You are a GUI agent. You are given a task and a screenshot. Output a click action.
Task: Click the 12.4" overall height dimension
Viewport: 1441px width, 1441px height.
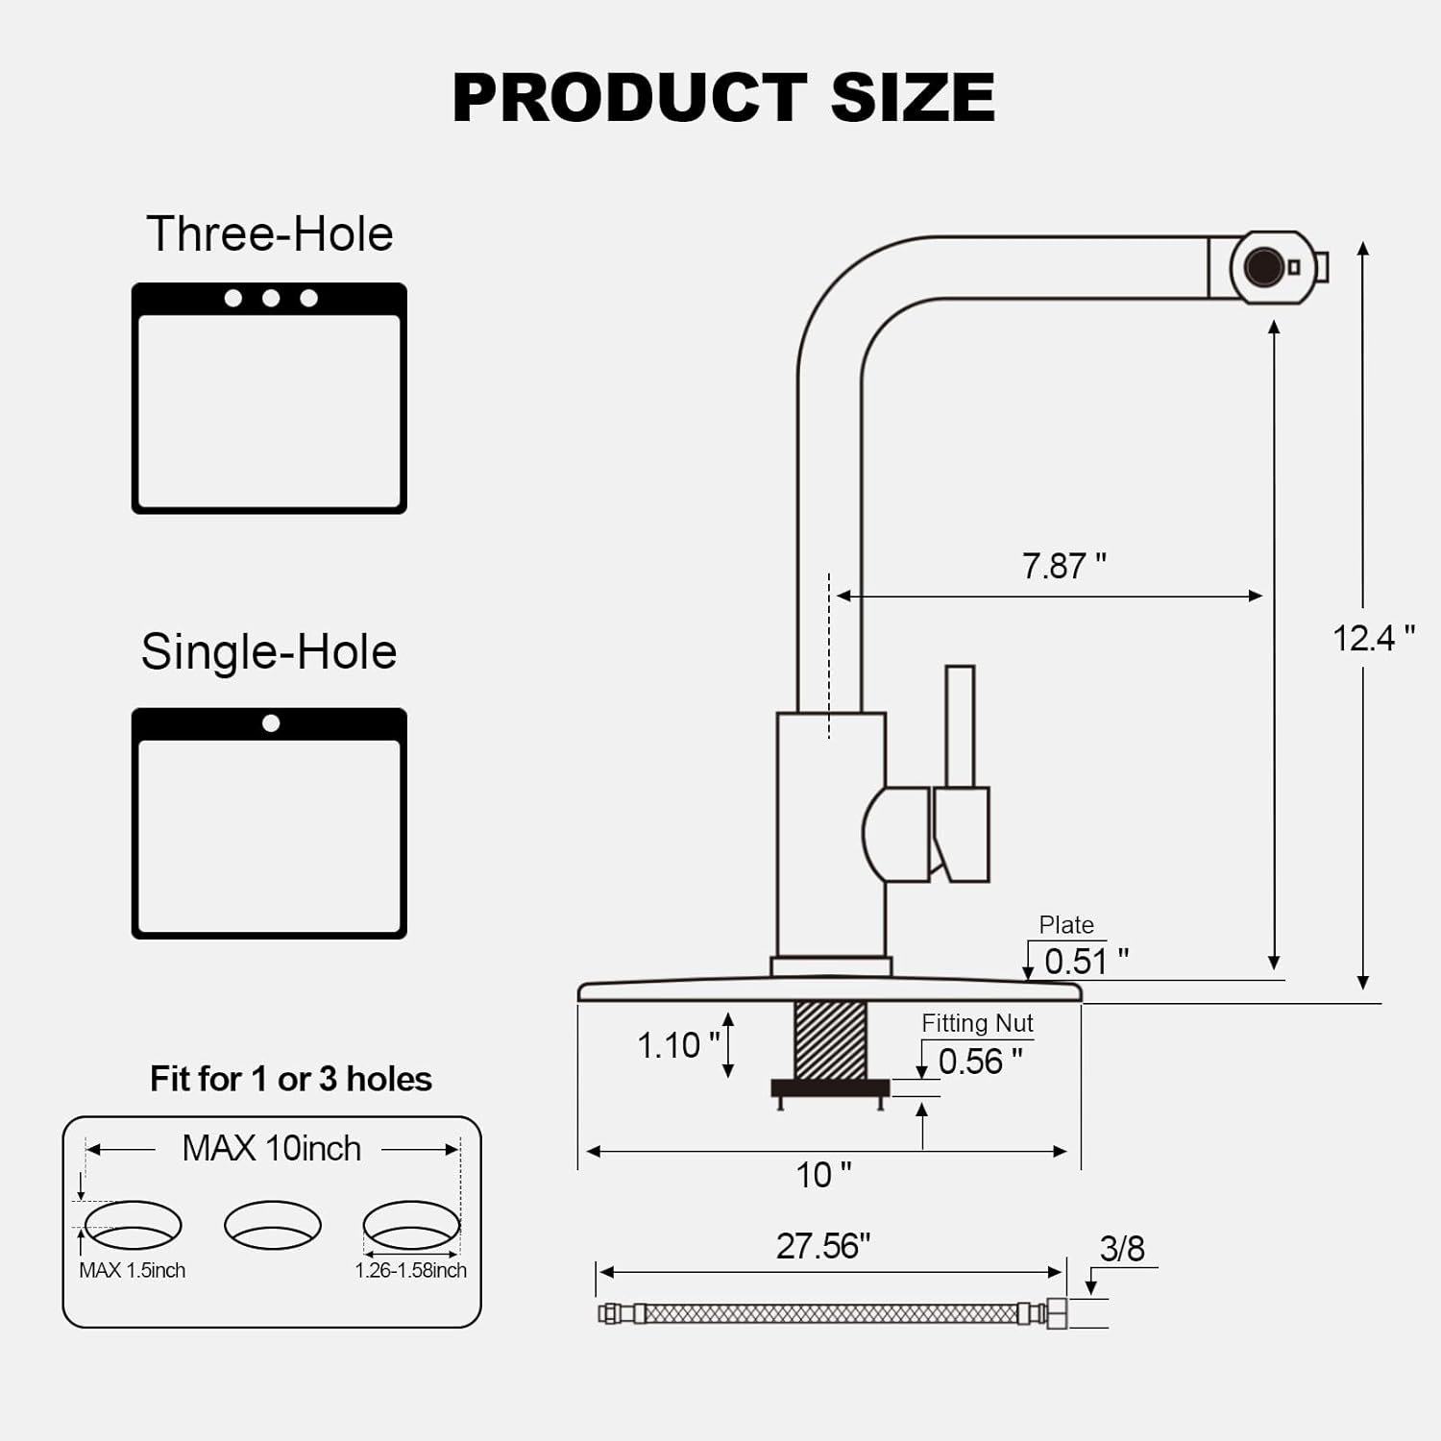click(1373, 638)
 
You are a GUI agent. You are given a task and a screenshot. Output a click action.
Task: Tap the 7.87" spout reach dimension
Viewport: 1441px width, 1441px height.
click(1063, 566)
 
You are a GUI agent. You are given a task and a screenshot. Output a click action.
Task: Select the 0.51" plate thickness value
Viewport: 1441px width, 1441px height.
click(1086, 961)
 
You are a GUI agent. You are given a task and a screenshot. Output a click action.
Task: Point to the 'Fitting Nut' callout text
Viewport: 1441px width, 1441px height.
click(977, 1023)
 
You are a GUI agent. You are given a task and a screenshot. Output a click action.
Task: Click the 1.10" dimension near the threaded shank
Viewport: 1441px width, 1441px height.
click(678, 1045)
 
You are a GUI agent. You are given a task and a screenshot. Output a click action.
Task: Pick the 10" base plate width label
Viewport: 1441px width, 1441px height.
click(823, 1175)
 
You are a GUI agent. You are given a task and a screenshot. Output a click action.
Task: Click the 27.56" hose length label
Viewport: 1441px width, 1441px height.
click(823, 1246)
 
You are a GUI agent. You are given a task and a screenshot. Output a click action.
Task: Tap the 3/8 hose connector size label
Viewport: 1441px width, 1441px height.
click(1122, 1249)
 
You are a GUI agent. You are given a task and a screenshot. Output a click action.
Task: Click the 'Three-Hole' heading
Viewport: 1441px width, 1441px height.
click(270, 234)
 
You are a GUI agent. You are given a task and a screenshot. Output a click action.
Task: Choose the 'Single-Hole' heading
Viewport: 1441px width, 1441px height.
click(269, 652)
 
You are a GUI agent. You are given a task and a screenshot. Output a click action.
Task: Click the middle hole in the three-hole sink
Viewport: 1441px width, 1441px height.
click(271, 299)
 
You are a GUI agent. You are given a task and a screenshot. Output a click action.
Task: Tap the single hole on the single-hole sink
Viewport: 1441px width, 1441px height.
click(271, 723)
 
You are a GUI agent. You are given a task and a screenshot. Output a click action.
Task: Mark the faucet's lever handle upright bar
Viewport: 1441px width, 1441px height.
click(960, 726)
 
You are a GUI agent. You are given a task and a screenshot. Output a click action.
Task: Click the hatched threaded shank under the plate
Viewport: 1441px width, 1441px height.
click(830, 1039)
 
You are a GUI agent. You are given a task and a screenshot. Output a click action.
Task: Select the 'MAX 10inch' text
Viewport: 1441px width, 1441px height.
click(271, 1148)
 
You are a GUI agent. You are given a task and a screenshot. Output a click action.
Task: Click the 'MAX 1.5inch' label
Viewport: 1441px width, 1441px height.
click(132, 1270)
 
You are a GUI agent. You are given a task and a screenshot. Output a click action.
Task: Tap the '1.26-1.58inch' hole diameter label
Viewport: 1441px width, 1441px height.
click(410, 1270)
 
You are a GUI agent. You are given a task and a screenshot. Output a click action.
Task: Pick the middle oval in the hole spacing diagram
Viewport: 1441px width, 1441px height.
click(273, 1225)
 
